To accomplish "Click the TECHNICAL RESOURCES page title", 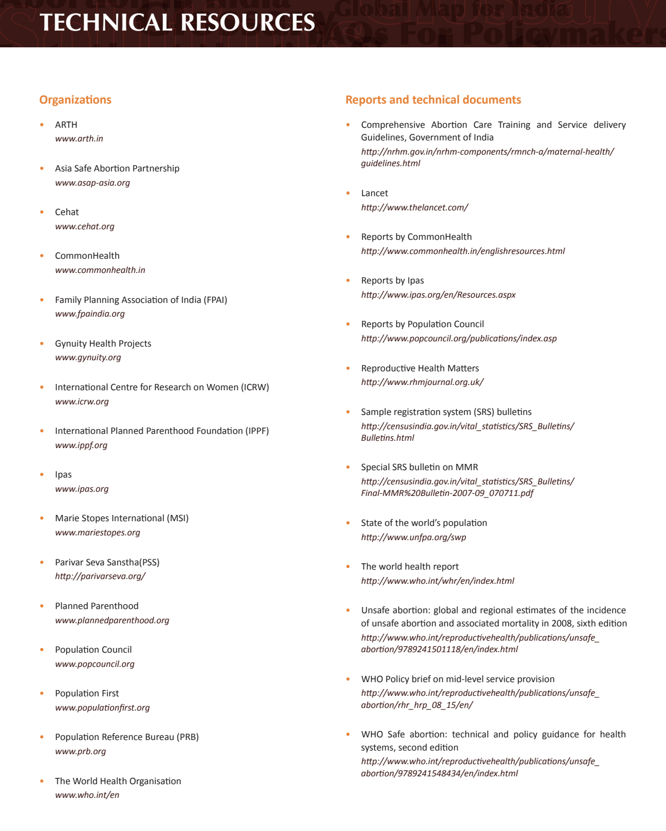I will click(x=177, y=23).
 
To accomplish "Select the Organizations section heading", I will click(x=75, y=100).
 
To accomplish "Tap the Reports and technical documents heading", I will click(x=433, y=100).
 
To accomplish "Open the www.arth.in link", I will click(x=79, y=139).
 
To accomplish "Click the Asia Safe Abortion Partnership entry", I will click(x=117, y=168).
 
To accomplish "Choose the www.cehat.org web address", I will click(x=85, y=227).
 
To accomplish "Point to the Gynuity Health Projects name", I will click(x=103, y=343).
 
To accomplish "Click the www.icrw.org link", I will click(x=82, y=402).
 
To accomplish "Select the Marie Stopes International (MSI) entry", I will click(x=122, y=518).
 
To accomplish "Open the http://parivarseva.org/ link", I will click(x=100, y=576).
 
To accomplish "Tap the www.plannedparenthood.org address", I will click(x=112, y=621).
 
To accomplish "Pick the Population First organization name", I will click(x=87, y=693).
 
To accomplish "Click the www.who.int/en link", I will click(x=87, y=795).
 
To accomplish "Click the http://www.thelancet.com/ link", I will click(x=415, y=208).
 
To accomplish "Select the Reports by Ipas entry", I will click(x=392, y=280).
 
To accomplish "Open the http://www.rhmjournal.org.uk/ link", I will click(x=422, y=382).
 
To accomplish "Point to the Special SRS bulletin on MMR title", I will click(x=419, y=467).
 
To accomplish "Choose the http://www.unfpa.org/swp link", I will click(x=413, y=538).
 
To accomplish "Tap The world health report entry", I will click(x=410, y=566).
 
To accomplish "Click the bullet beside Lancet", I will click(x=348, y=193).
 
